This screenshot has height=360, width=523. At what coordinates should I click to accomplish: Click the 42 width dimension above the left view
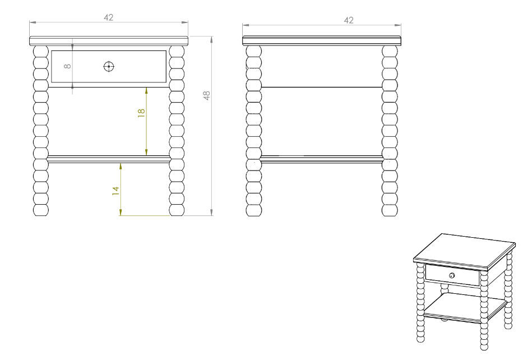pyautogui.click(x=108, y=17)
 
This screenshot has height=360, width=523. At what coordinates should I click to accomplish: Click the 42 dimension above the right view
pyautogui.click(x=349, y=20)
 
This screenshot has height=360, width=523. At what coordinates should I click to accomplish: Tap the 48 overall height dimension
pyautogui.click(x=206, y=95)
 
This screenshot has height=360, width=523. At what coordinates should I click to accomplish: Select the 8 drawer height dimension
pyautogui.click(x=67, y=66)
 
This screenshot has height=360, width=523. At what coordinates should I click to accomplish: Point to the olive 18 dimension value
pyautogui.click(x=141, y=112)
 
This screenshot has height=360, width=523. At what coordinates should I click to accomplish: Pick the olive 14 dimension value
pyautogui.click(x=115, y=191)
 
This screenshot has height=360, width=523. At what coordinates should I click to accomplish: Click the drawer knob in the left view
pyautogui.click(x=109, y=66)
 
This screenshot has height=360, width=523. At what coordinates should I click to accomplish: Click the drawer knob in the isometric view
pyautogui.click(x=452, y=275)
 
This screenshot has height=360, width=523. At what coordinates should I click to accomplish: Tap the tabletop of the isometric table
pyautogui.click(x=465, y=251)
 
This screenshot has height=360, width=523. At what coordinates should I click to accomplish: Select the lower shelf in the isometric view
pyautogui.click(x=465, y=310)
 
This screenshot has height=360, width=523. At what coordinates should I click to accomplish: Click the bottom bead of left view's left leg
pyautogui.click(x=41, y=210)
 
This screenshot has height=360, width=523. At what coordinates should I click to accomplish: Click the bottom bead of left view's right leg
pyautogui.click(x=177, y=210)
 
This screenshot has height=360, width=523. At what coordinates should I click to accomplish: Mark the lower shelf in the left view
pyautogui.click(x=109, y=159)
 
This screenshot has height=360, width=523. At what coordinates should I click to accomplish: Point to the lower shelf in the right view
pyautogui.click(x=322, y=159)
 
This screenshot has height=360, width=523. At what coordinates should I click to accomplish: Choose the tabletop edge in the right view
pyautogui.click(x=322, y=41)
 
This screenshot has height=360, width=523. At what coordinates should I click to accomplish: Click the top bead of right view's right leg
pyautogui.click(x=390, y=52)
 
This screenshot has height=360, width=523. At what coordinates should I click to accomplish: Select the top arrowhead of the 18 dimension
pyautogui.click(x=146, y=91)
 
